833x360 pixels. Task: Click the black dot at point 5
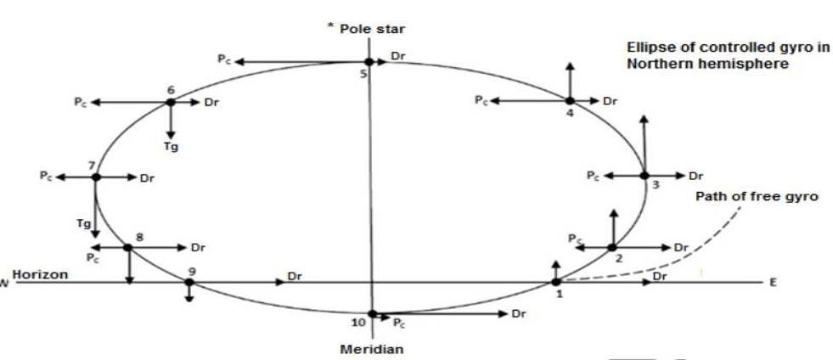tap(369, 62)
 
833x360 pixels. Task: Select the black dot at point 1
tap(555, 282)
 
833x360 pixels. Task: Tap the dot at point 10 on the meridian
tap(372, 313)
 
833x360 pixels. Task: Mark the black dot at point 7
tap(96, 177)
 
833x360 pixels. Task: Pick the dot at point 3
tap(644, 175)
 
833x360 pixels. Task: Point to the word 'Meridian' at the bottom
tap(374, 348)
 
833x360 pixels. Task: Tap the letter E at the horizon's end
tap(773, 284)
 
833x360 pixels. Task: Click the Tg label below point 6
tap(172, 146)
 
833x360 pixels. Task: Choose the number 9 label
tap(192, 271)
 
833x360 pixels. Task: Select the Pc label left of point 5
tap(223, 61)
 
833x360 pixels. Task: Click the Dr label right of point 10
tap(518, 314)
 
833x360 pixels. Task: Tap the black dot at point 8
tap(127, 247)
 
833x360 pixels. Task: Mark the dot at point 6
tap(171, 102)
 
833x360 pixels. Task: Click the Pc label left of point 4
tap(481, 101)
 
